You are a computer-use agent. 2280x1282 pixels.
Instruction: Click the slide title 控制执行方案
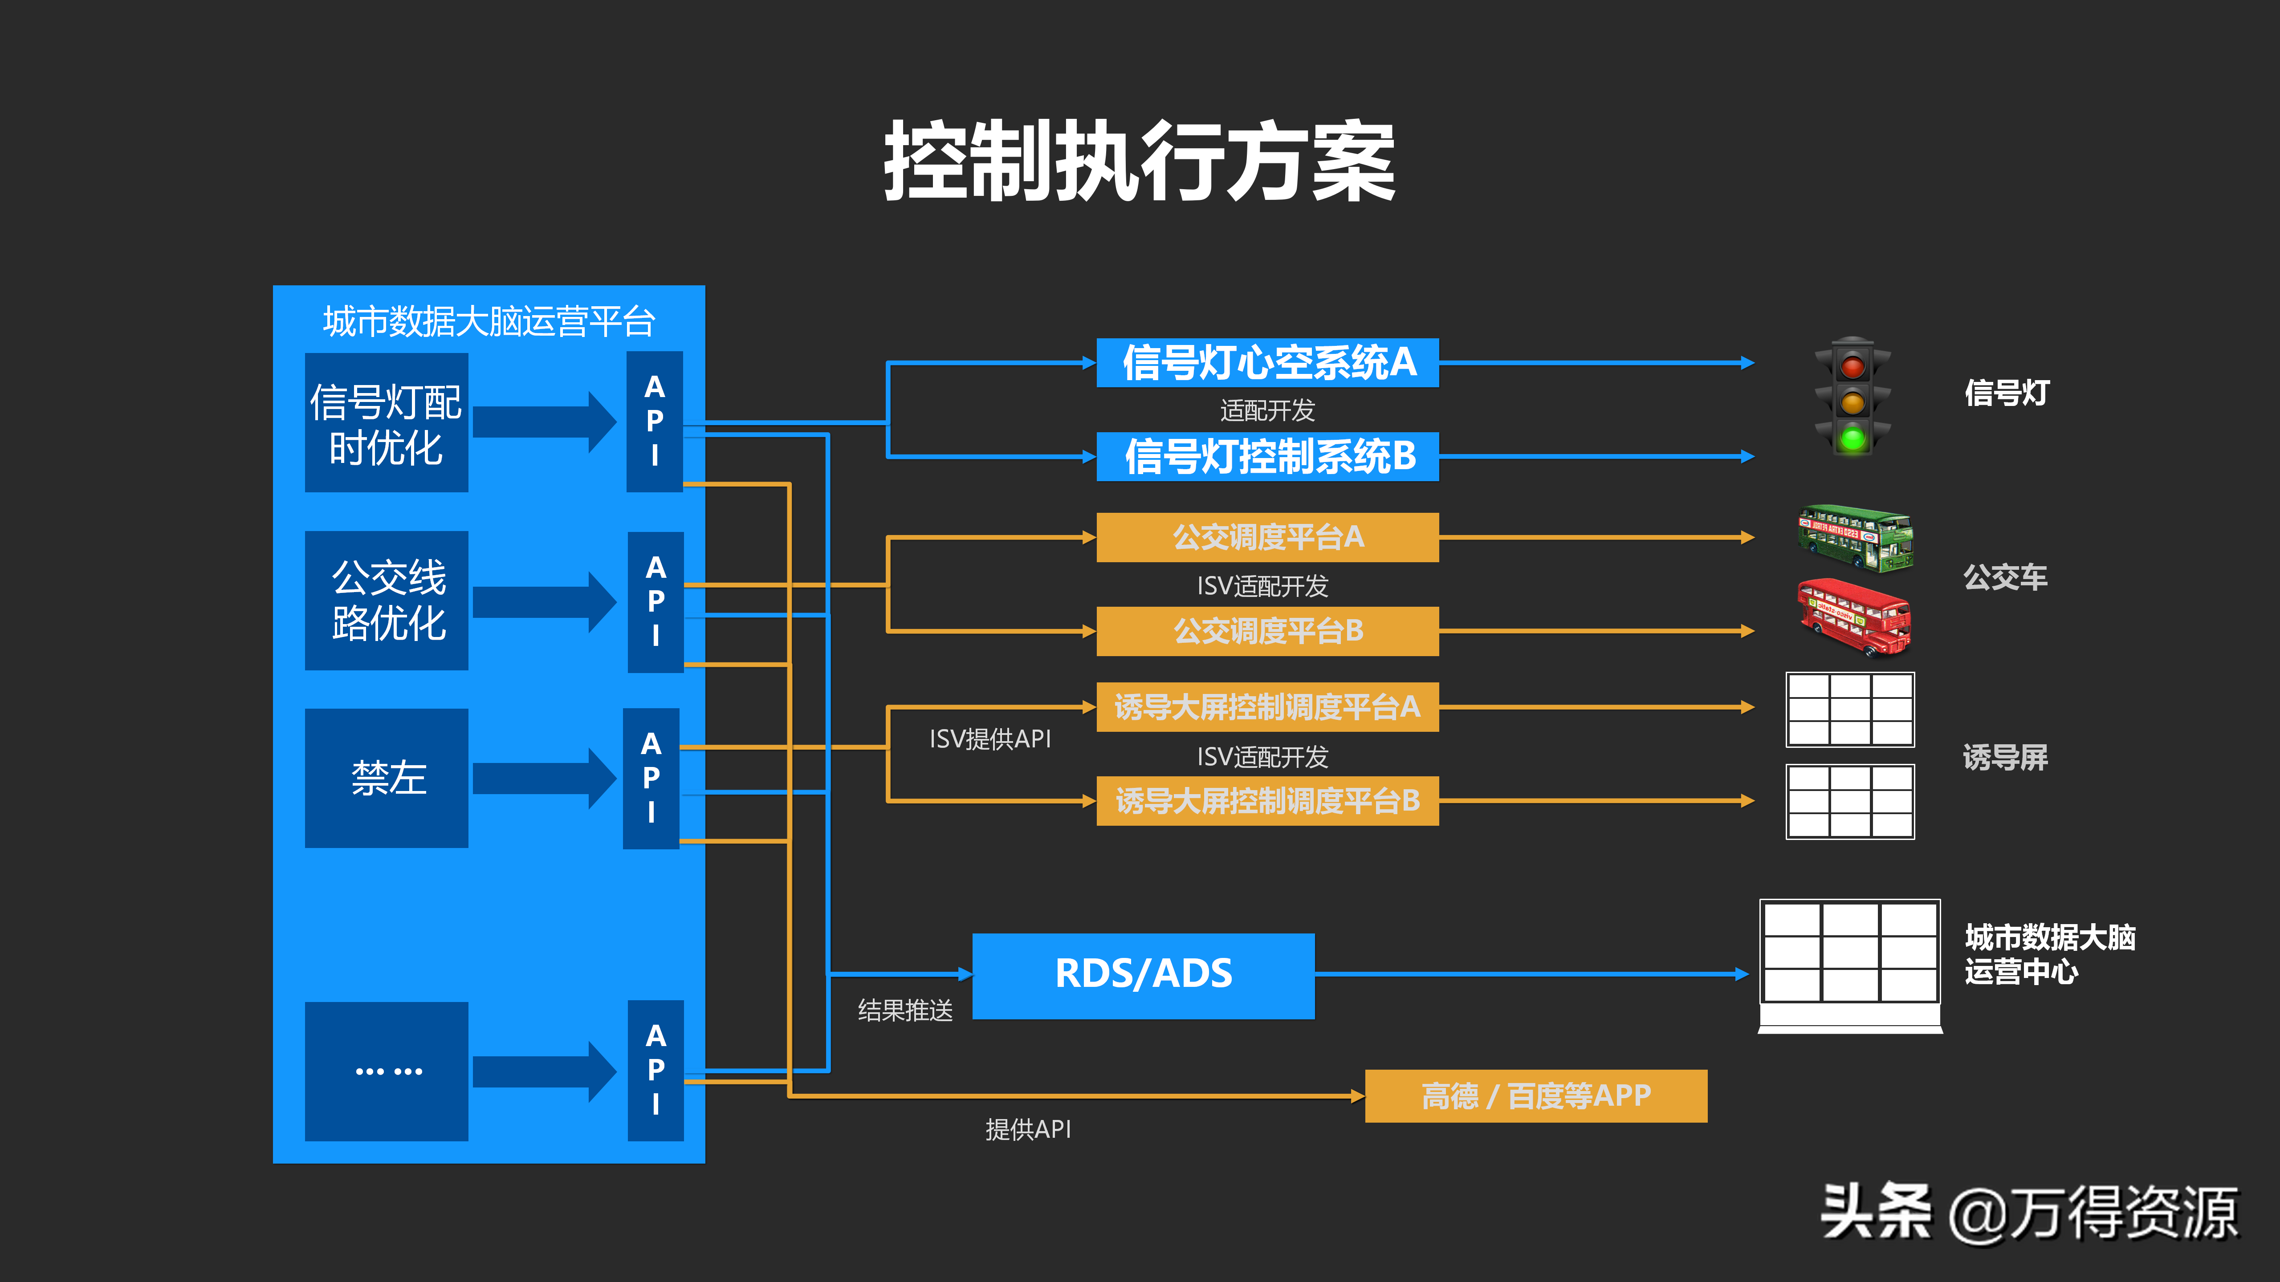[1139, 162]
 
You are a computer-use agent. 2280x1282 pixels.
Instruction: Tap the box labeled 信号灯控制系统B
[1267, 457]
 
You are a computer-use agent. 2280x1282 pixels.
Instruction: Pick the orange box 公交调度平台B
[1267, 631]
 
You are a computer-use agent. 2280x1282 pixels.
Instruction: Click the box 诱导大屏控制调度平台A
[1267, 707]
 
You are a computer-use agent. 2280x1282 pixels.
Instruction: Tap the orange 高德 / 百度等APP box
[1535, 1096]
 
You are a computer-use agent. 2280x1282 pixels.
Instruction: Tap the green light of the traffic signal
[1852, 437]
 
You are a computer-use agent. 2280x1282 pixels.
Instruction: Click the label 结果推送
[904, 1010]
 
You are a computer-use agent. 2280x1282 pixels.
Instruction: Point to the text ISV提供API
[989, 739]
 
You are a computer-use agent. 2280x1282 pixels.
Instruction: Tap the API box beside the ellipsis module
[655, 1071]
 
